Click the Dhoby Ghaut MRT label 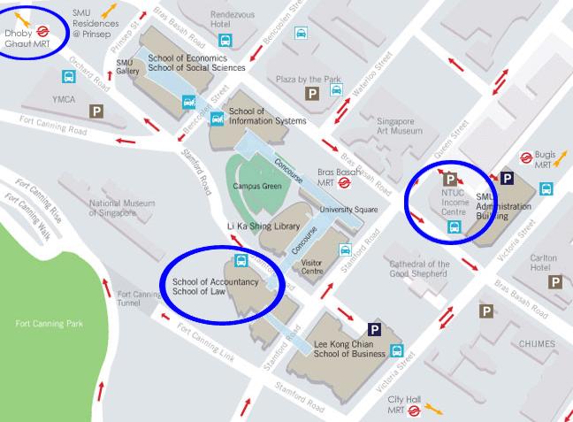(x=22, y=39)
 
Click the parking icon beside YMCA (x=96, y=111)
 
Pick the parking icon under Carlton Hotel (x=555, y=282)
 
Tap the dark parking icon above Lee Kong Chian (x=374, y=330)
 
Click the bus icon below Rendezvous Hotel (x=225, y=40)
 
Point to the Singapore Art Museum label (x=400, y=125)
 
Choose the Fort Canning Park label (x=50, y=323)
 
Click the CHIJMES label (x=538, y=343)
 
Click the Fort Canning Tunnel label (x=138, y=299)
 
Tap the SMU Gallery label (x=128, y=67)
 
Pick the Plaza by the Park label (x=309, y=79)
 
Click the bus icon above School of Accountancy (x=240, y=261)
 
